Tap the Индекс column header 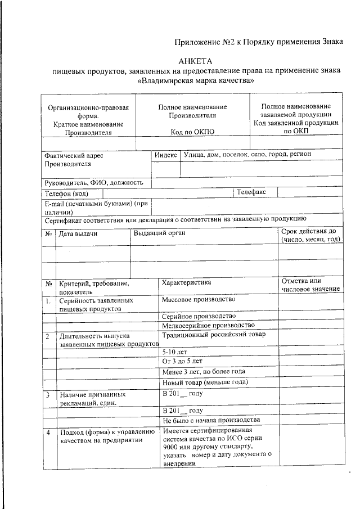coord(165,155)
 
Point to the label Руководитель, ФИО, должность coord(94,182)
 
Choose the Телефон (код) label coord(71,193)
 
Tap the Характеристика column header coord(186,282)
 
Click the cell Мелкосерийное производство coord(208,325)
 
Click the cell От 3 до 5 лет coord(182,361)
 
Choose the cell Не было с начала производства coord(211,420)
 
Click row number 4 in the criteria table coord(49,433)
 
